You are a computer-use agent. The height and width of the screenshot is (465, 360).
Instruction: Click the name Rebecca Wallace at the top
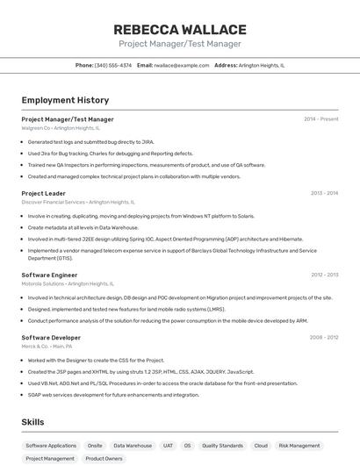point(180,30)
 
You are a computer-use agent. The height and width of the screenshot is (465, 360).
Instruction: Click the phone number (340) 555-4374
point(113,65)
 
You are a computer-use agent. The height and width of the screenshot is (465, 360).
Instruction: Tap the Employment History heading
point(65,100)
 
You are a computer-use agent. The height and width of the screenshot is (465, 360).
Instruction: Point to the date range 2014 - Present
point(320,119)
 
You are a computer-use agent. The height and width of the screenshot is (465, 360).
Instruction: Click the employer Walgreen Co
point(36,128)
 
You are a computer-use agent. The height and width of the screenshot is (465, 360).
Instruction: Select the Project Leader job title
point(44,193)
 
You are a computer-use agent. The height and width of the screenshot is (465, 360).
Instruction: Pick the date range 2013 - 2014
point(324,193)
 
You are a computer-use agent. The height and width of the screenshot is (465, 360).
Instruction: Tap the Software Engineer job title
point(50,275)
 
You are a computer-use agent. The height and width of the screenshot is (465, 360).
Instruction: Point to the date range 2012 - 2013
point(324,275)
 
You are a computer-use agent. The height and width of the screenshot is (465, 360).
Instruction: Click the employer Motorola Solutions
point(43,283)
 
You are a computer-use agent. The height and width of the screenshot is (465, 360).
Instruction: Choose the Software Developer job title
point(51,338)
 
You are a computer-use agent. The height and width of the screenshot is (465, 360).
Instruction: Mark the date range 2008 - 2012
point(323,338)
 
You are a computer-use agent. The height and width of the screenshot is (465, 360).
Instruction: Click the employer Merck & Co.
point(35,347)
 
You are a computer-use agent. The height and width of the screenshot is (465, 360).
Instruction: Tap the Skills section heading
point(33,422)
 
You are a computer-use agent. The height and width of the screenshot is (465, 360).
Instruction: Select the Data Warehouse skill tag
point(133,446)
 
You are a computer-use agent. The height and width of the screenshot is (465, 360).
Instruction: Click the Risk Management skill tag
point(299,446)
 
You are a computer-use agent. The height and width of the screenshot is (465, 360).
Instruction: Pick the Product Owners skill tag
point(104,458)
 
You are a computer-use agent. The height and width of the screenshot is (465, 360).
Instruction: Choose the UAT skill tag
point(168,446)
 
